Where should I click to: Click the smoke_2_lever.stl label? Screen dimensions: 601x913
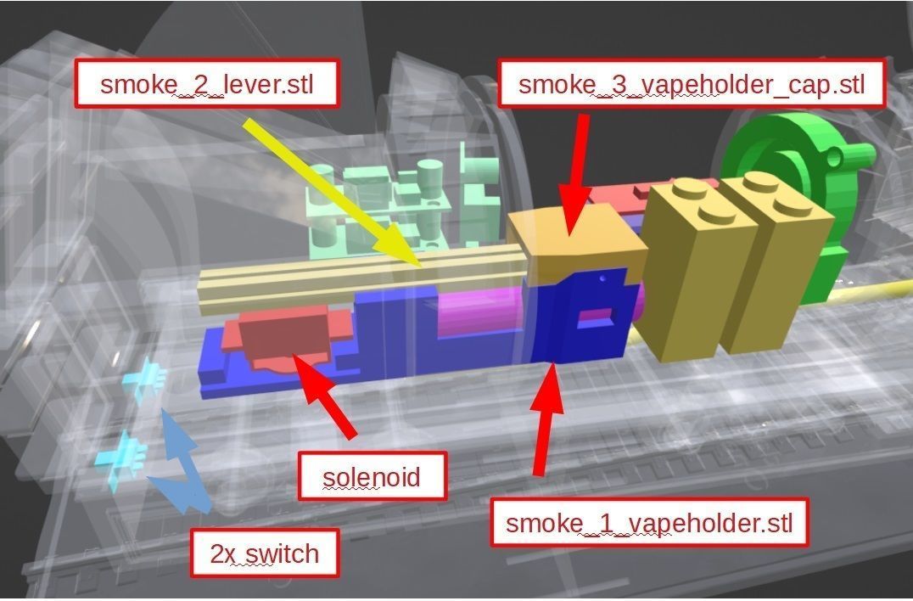(207, 83)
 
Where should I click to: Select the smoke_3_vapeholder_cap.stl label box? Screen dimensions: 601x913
(691, 83)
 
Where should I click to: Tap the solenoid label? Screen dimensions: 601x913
(372, 476)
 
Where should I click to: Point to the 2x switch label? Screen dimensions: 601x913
(265, 553)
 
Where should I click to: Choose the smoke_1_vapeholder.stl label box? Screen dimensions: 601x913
(649, 522)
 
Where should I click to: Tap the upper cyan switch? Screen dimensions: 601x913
(144, 379)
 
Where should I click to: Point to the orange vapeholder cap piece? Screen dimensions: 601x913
(577, 242)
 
